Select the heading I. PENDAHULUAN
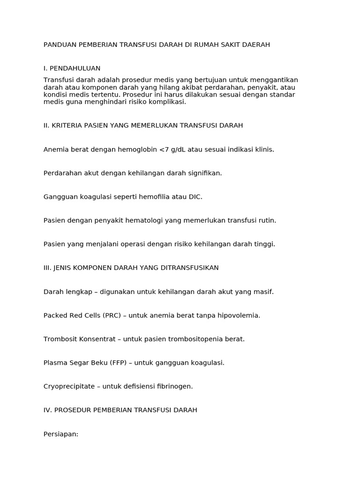pyautogui.click(x=72, y=68)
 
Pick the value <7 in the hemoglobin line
pyautogui.click(x=164, y=150)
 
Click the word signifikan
pyautogui.click(x=204, y=173)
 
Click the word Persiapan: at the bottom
pyautogui.click(x=61, y=434)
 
